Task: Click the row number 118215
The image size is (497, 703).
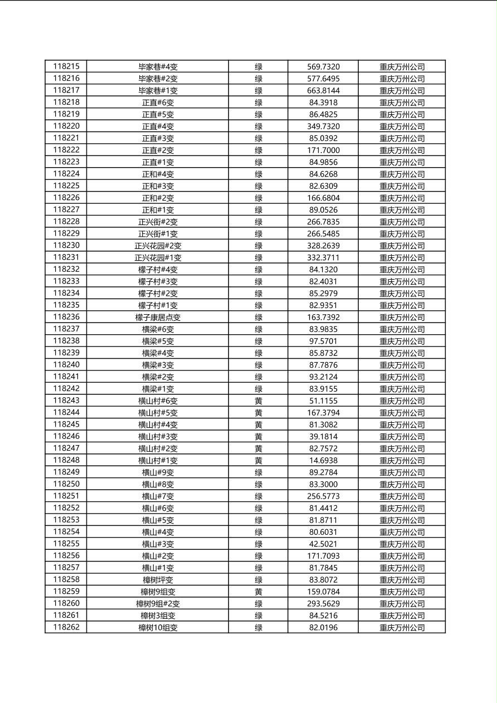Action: pos(66,66)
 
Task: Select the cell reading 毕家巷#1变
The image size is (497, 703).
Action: pos(158,90)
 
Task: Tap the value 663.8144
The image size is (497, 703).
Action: pos(323,90)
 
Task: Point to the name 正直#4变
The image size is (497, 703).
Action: pos(158,126)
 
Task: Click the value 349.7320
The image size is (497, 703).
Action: pos(323,126)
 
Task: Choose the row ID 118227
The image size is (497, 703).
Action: pos(66,209)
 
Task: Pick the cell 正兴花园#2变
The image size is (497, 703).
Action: pos(158,246)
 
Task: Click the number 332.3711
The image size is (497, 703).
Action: pos(323,257)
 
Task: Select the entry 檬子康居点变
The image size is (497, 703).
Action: pos(158,317)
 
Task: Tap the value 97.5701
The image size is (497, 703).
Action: pos(323,341)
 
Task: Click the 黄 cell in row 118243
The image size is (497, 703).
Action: pos(259,401)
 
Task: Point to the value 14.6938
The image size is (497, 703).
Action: pos(323,460)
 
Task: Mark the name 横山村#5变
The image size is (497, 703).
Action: pos(158,413)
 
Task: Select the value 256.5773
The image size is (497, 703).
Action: pos(323,496)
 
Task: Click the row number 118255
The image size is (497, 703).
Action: pos(66,544)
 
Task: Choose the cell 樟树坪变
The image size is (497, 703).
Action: pos(158,579)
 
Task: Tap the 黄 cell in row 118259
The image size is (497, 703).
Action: pos(259,592)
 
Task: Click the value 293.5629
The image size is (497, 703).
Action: pos(323,603)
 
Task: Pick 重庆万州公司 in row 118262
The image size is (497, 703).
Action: pos(402,627)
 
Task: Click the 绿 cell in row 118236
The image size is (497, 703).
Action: pos(259,317)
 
